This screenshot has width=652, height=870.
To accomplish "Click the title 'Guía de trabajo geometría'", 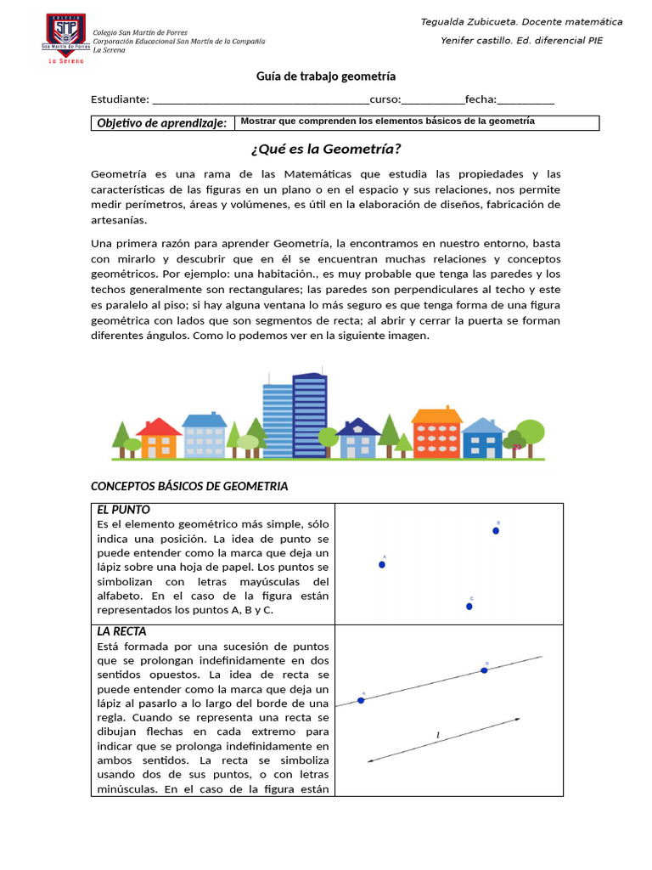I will pyautogui.click(x=326, y=76).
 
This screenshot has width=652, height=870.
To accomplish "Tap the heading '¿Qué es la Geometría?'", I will pyautogui.click(x=326, y=150).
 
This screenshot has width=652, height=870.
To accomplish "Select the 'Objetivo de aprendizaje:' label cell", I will pyautogui.click(x=161, y=123).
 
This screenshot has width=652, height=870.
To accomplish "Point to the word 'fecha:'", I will pyautogui.click(x=481, y=99).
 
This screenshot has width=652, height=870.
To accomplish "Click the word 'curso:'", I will pyautogui.click(x=385, y=99).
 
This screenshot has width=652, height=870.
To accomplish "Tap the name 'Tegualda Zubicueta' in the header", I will pyautogui.click(x=475, y=21).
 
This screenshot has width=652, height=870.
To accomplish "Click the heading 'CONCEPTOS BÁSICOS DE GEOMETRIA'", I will pyautogui.click(x=189, y=486).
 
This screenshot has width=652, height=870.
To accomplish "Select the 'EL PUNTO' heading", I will pyautogui.click(x=123, y=510).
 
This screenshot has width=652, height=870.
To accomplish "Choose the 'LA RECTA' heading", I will pyautogui.click(x=121, y=631).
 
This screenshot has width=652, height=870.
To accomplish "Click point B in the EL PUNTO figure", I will pyautogui.click(x=496, y=531).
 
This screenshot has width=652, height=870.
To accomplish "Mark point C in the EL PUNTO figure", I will pyautogui.click(x=469, y=606).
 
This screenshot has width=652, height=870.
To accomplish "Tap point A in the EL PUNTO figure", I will pyautogui.click(x=382, y=564).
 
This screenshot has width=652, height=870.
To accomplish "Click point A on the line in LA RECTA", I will pyautogui.click(x=362, y=700).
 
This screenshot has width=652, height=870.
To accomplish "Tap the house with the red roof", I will pyautogui.click(x=159, y=438).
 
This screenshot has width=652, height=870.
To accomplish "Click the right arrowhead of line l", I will pyautogui.click(x=517, y=720).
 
